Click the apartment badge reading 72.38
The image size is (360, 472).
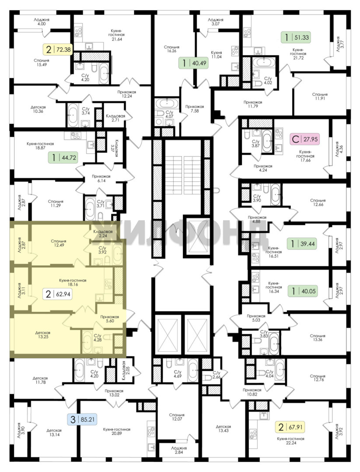tap(59, 49)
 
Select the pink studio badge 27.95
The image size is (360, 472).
tap(305, 139)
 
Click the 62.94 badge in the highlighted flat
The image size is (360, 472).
tap(58, 294)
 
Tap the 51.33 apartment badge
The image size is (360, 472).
tap(296, 38)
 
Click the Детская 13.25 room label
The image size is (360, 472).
tap(42, 335)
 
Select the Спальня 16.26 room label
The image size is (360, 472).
tap(172, 49)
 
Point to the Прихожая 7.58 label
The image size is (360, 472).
tap(195, 109)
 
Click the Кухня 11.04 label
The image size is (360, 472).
tap(216, 55)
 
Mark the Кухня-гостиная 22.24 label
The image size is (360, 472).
tap(291, 441)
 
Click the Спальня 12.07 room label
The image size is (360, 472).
tap(177, 417)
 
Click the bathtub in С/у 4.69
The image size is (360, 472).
tap(192, 370)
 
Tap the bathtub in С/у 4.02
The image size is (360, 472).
tap(264, 62)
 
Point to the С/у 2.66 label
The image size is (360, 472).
tap(217, 375)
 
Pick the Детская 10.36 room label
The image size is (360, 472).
tap(38, 109)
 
